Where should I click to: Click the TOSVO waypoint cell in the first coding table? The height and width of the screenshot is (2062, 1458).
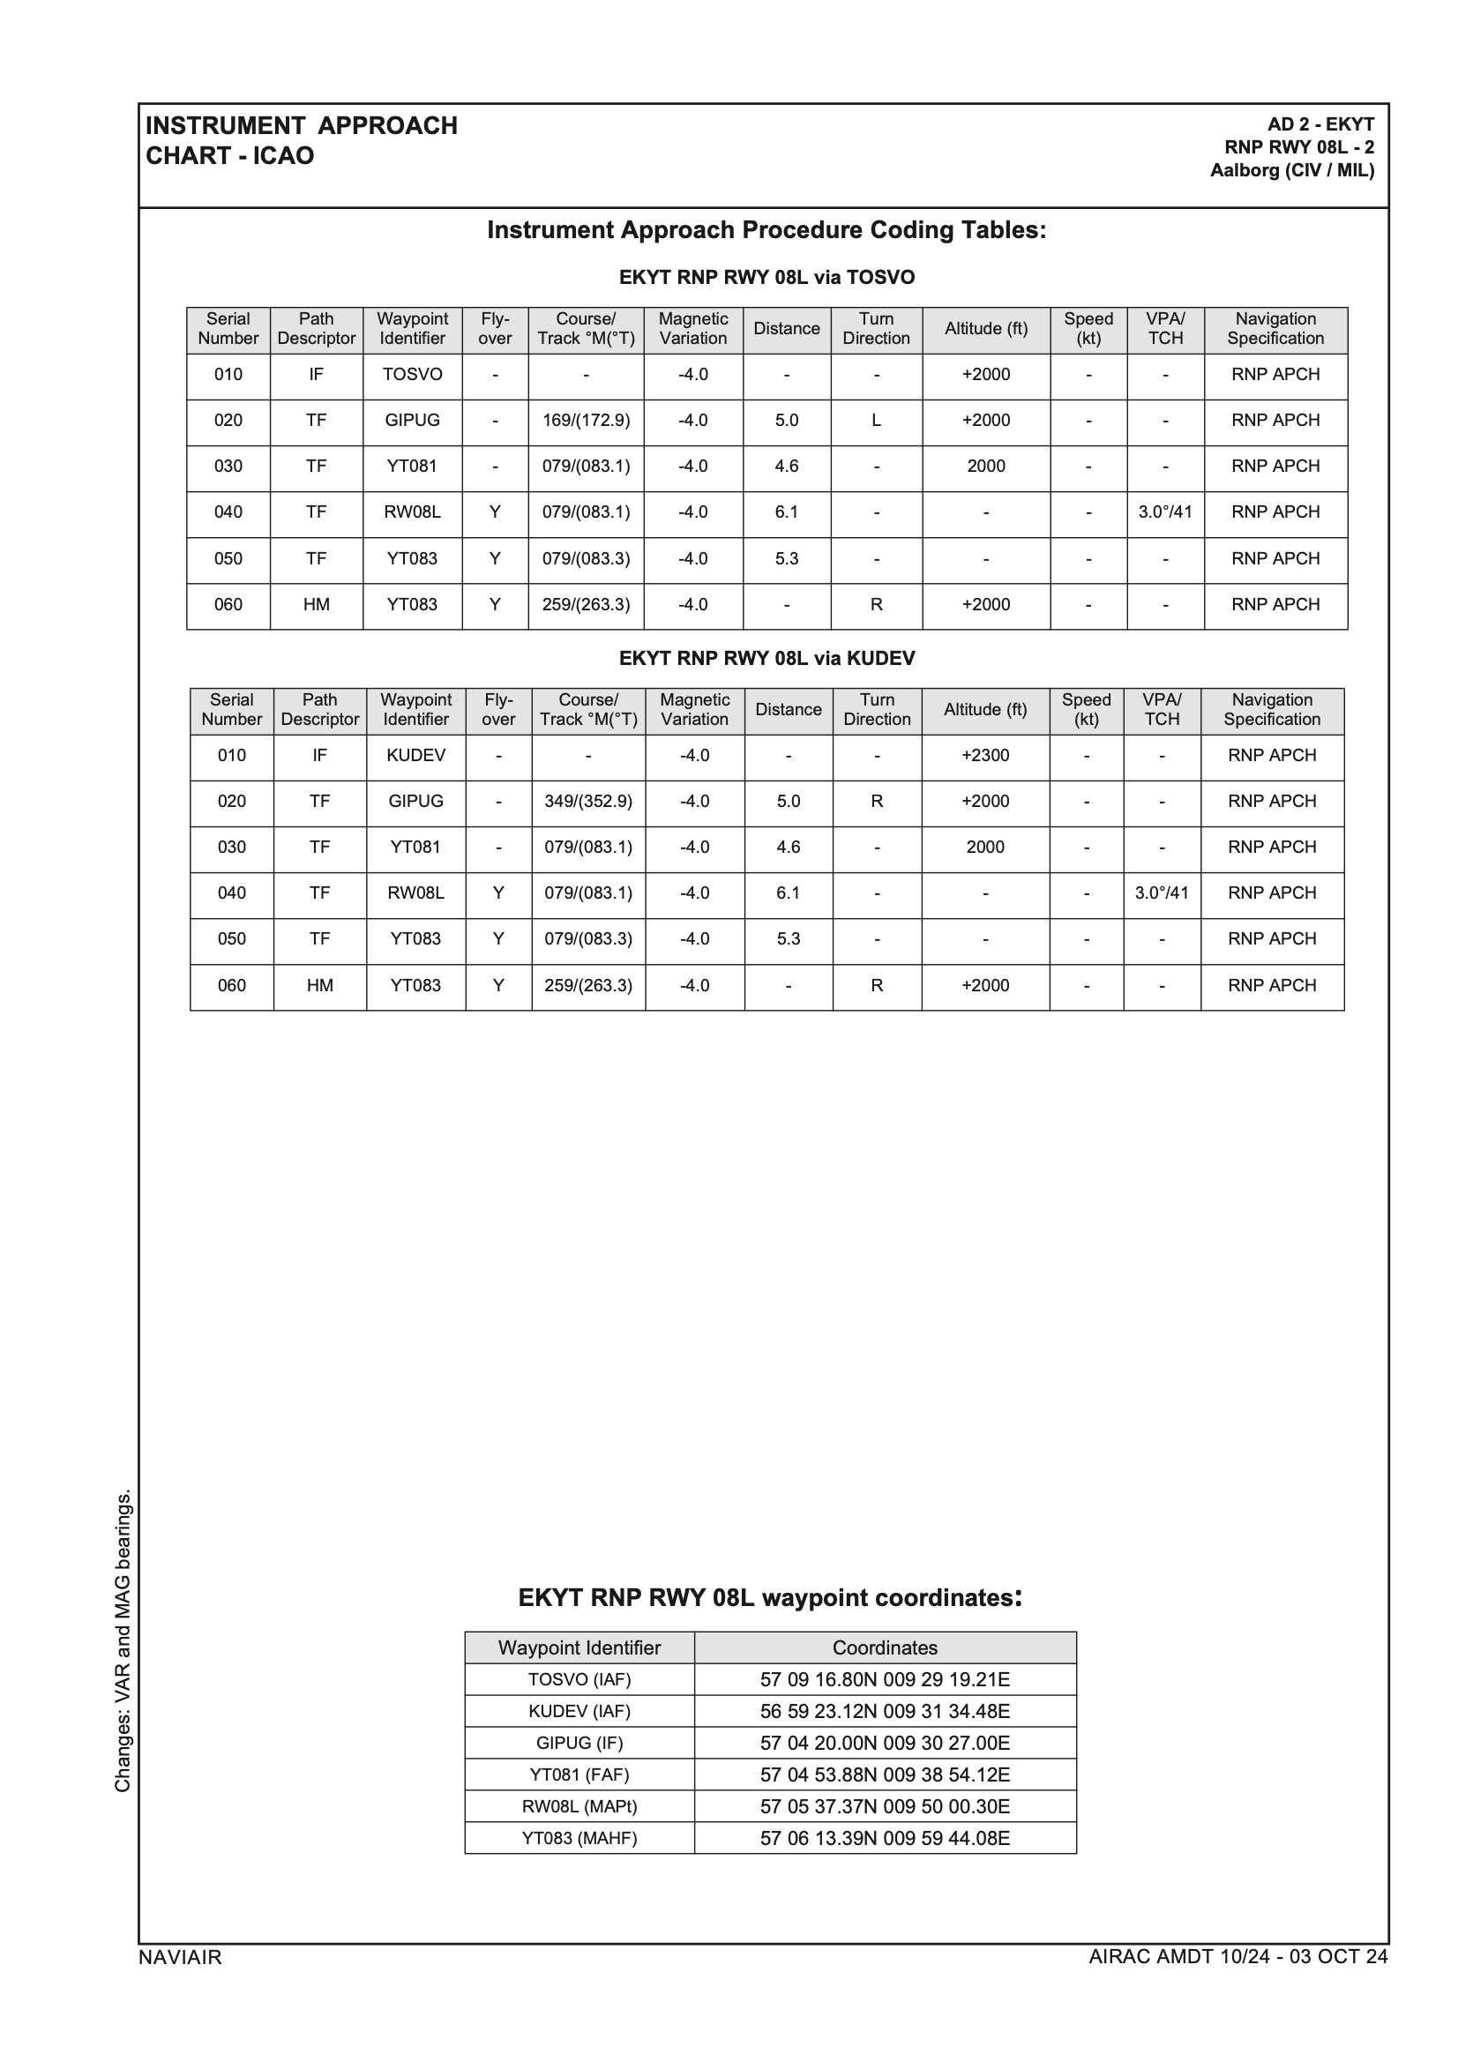click(412, 375)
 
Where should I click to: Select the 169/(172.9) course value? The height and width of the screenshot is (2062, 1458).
click(586, 421)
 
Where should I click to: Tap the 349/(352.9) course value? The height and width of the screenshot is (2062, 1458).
click(588, 801)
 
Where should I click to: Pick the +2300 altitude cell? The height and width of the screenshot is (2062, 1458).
click(985, 755)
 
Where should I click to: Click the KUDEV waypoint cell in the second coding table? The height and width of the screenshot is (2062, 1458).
click(416, 755)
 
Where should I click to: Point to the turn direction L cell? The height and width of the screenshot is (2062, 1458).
click(876, 421)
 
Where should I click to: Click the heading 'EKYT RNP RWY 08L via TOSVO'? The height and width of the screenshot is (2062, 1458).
click(766, 278)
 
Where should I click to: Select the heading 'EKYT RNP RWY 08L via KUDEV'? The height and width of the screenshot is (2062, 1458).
click(766, 658)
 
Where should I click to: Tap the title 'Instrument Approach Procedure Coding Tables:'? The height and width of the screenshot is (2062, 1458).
click(766, 231)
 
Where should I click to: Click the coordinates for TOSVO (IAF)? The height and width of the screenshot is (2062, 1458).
click(885, 1679)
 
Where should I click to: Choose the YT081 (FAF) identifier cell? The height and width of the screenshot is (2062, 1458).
click(579, 1774)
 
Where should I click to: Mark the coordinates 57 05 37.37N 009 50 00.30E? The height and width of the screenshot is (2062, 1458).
click(885, 1806)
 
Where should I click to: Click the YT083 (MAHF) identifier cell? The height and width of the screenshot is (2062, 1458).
click(579, 1838)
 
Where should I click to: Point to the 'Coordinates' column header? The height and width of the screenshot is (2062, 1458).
click(885, 1648)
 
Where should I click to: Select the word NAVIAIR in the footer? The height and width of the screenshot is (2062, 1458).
click(180, 1957)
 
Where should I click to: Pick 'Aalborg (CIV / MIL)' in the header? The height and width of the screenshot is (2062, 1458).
click(1292, 170)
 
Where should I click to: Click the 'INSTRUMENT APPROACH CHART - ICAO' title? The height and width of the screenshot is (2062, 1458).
click(301, 140)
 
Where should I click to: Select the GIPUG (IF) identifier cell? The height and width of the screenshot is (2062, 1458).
click(579, 1744)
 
